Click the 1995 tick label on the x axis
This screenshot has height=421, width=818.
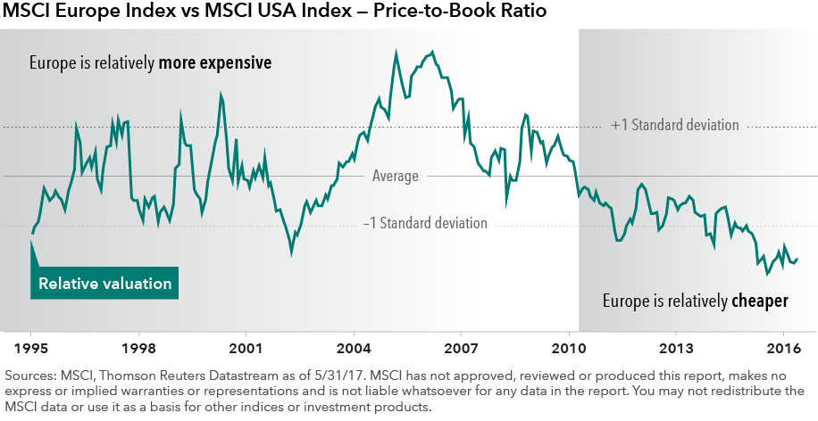[31, 346]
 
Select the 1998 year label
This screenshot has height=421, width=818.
[138, 346]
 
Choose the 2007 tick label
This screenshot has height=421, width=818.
[461, 346]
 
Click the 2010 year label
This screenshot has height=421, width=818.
[569, 346]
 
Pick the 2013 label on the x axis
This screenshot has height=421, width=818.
[676, 346]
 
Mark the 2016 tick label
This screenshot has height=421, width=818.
[783, 346]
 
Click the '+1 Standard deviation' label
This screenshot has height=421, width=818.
[675, 126]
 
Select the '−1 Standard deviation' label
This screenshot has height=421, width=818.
[425, 223]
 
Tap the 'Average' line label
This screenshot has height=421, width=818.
[395, 177]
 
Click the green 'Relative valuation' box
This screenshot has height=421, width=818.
[104, 284]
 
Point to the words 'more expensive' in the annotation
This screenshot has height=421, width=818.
[220, 64]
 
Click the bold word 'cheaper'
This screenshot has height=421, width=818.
[759, 301]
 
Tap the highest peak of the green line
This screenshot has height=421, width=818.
[432, 52]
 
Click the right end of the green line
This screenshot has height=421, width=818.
[797, 260]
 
